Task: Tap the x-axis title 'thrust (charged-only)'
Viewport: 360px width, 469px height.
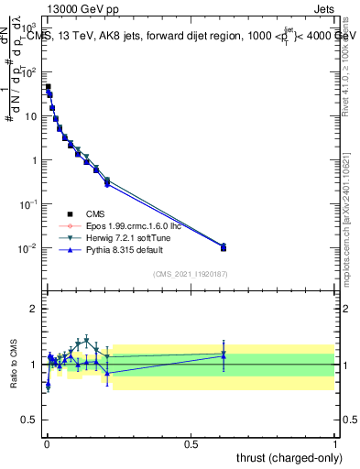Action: click(284, 457)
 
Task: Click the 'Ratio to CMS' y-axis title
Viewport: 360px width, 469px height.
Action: click(13, 379)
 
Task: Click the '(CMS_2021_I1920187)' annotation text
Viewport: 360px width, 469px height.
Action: click(190, 274)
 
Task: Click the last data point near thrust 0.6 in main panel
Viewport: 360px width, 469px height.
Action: click(224, 247)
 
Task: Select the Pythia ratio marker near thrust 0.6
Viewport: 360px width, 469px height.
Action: click(224, 355)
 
